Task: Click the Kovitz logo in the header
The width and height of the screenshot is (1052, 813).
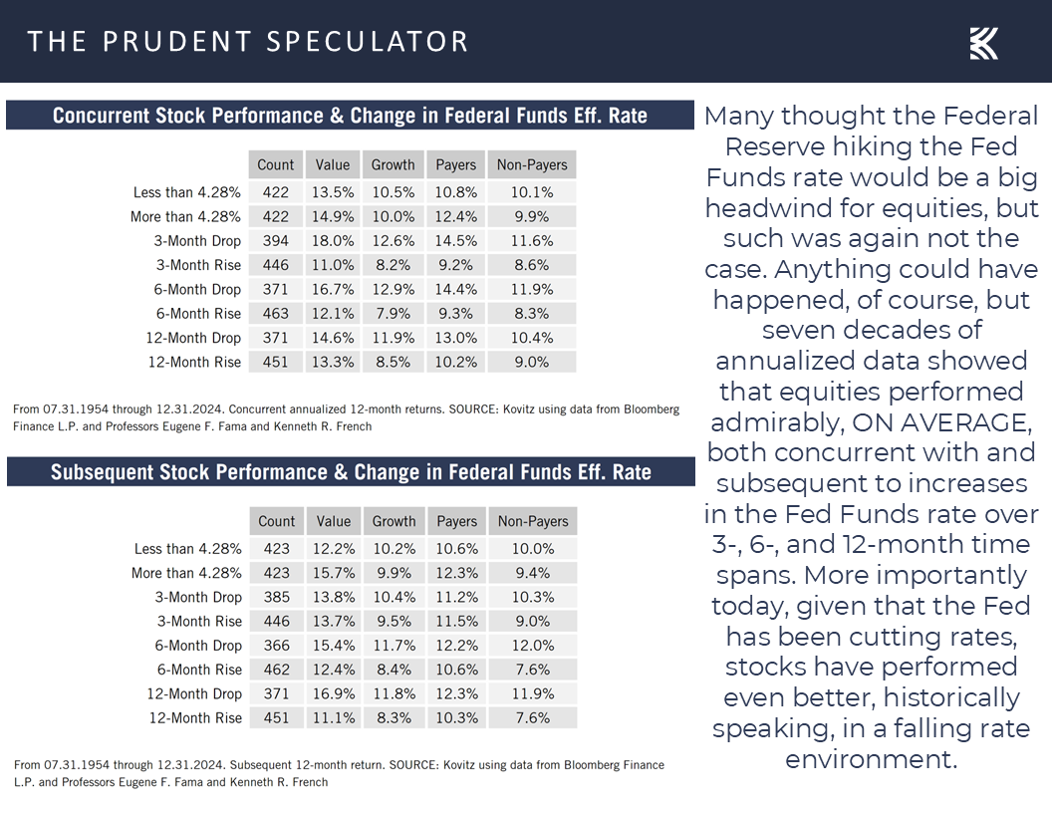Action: pos(983,44)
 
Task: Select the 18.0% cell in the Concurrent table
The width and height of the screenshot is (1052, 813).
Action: pos(334,241)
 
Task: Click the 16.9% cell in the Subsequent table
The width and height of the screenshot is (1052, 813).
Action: pos(334,693)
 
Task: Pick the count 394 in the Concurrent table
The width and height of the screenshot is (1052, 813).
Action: pos(275,241)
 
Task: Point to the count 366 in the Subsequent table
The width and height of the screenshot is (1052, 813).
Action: pos(276,646)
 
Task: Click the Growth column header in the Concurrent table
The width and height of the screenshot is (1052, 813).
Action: pos(394,165)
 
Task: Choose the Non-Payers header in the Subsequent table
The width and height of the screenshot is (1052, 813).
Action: pos(532,521)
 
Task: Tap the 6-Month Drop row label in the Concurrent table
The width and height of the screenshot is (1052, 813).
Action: pos(197,290)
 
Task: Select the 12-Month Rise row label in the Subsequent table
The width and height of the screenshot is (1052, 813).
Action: pos(195,718)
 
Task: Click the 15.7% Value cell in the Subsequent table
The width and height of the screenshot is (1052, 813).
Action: pos(334,573)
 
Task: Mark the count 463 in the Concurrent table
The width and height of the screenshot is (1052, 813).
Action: pos(275,314)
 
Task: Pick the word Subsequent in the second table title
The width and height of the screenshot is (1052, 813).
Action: pos(113,472)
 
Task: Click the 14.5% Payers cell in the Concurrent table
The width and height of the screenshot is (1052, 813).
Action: pos(455,241)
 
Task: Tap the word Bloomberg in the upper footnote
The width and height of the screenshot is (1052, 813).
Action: pos(639,409)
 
